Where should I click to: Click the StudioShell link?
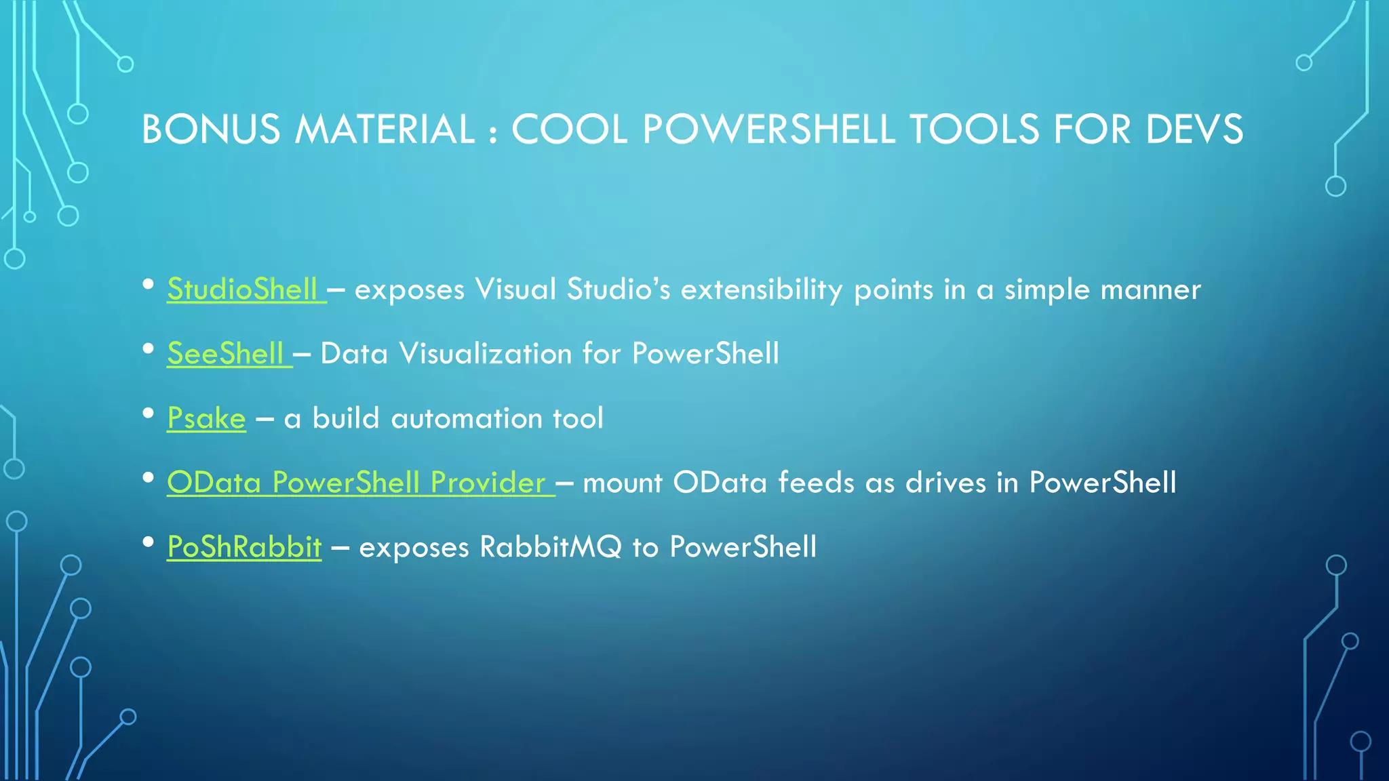(242, 289)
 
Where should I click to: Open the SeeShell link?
(225, 354)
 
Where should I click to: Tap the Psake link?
(206, 418)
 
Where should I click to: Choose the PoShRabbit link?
(244, 547)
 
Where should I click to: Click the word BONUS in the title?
(211, 129)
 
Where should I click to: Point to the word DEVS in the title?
(1194, 129)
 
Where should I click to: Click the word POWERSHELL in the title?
(768, 129)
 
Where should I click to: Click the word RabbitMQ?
(550, 547)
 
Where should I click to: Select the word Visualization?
(486, 354)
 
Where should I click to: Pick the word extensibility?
(762, 289)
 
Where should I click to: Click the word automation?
(466, 418)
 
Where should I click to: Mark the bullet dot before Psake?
(149, 414)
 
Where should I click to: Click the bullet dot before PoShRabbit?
(149, 542)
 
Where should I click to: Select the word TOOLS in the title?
(974, 129)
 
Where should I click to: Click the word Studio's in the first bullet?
(619, 289)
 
